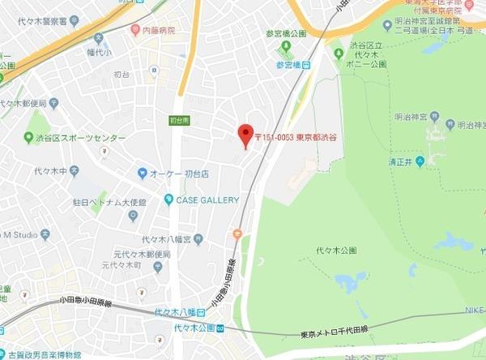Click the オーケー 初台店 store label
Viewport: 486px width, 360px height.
[x=180, y=174]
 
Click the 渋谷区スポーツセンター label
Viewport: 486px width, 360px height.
[x=74, y=136]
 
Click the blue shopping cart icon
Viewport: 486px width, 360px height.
[x=143, y=174]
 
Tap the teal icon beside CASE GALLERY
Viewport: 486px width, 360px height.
[x=168, y=199]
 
